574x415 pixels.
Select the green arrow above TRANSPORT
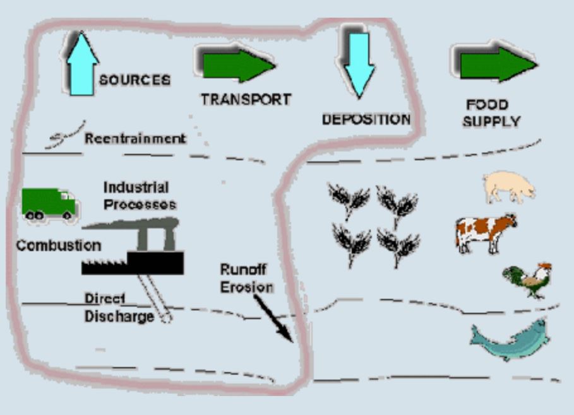238,64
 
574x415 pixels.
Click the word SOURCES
135,81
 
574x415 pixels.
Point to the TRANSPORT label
246,100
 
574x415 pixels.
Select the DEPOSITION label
366,119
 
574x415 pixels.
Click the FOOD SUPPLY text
491,113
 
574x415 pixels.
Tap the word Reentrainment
135,138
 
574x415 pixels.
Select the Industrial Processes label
139,196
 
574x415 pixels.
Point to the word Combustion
58,245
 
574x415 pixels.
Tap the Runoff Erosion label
246,278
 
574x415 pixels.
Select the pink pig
509,187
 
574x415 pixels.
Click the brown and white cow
485,231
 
